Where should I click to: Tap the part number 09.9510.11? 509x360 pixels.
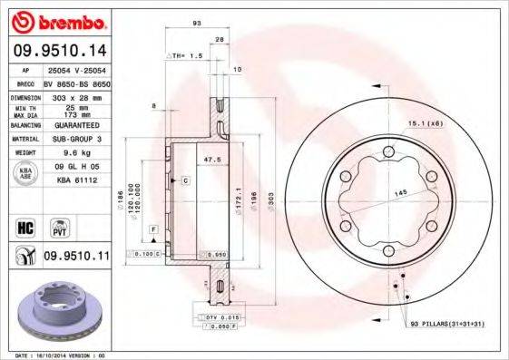coord(76,257)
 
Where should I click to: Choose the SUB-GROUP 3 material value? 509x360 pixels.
coord(76,139)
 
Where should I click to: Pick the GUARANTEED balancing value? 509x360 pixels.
coord(76,124)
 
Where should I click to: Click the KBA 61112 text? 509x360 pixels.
coord(76,180)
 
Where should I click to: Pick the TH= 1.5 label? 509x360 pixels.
coord(185,55)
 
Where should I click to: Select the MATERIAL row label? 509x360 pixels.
coord(24,139)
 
